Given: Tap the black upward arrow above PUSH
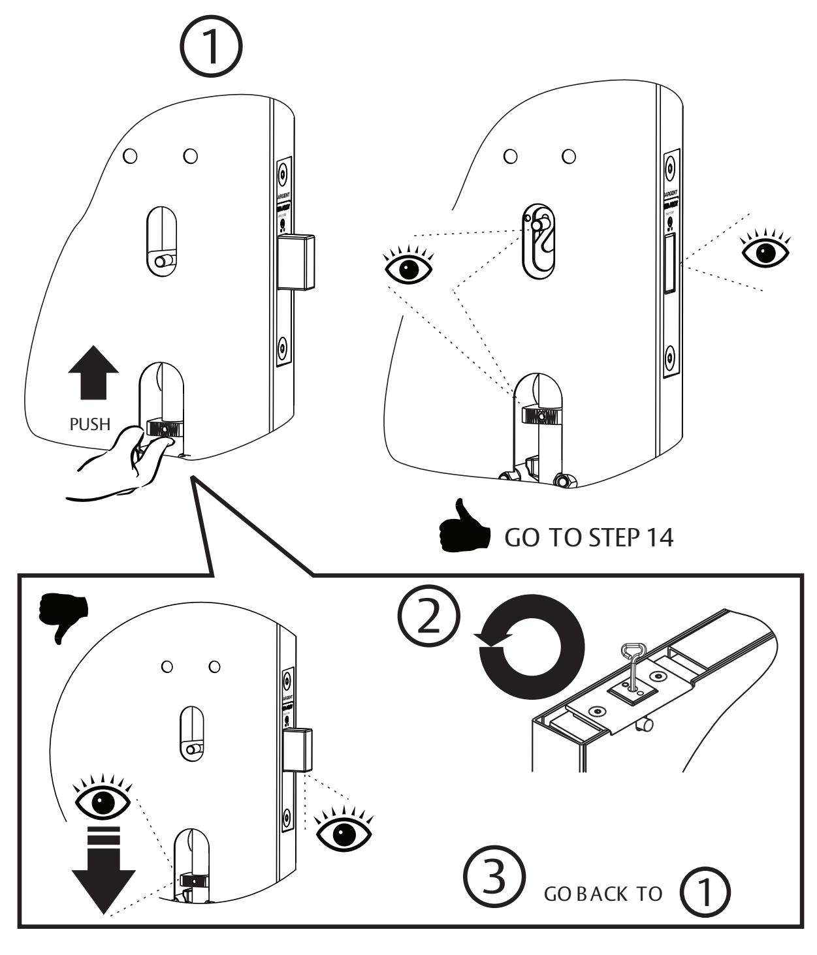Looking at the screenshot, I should coord(93,373).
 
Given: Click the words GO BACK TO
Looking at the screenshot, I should coord(603,894).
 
